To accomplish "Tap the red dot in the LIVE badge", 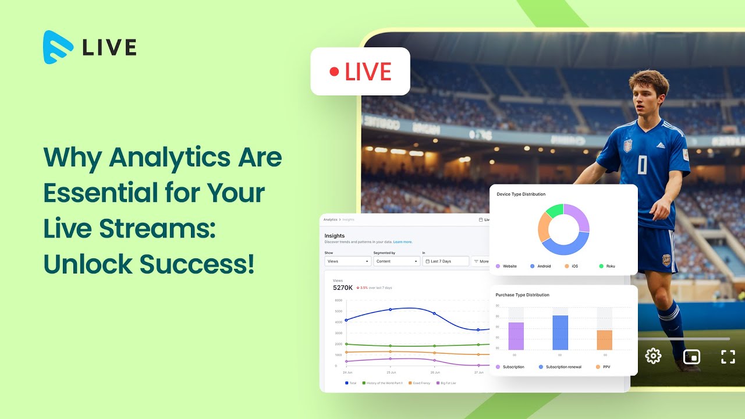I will tap(334, 72).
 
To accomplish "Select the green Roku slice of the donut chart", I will tap(555, 211).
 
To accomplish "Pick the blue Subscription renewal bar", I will tap(560, 332).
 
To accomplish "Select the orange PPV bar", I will tap(604, 340).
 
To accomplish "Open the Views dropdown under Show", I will tap(347, 261).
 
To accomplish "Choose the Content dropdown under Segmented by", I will tap(396, 261).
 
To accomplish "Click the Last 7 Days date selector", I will tap(445, 261).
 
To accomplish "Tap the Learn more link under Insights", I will tap(403, 242).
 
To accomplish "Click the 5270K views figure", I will tap(343, 287).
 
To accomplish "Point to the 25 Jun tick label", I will tap(391, 372).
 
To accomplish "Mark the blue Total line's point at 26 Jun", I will tap(434, 314).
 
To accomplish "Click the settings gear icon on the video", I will tap(653, 356).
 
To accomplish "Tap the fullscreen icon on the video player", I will tap(728, 357).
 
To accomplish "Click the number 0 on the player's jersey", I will tap(641, 165).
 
